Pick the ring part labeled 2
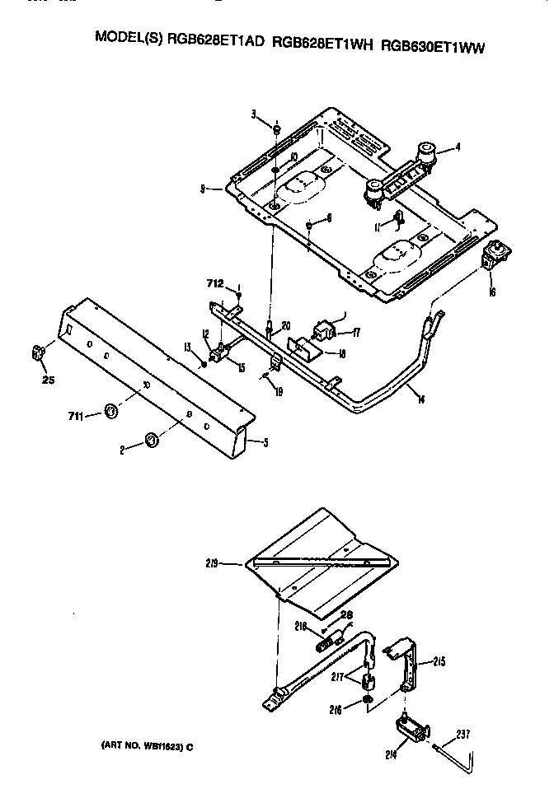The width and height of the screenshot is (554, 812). [151, 441]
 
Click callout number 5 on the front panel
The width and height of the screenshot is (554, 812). [265, 442]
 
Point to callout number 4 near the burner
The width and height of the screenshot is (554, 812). [457, 149]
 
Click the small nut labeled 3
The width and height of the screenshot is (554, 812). [278, 129]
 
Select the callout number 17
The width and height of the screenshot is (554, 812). [356, 333]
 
